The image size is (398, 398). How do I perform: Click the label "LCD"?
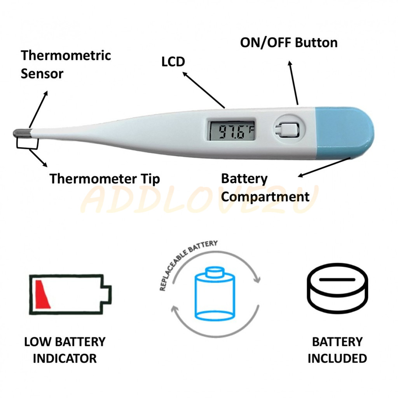coord(173,61)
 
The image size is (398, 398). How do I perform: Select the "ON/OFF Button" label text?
coord(289,42)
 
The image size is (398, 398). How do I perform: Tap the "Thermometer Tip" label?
coord(105,179)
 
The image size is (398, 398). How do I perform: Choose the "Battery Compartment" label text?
coord(265,188)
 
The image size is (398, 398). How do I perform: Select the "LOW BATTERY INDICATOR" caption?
coord(65,350)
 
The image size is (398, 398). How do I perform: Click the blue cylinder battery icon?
coord(215,294)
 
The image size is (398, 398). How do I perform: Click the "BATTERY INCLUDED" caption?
coord(337,350)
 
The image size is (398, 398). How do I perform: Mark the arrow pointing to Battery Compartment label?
coord(325,168)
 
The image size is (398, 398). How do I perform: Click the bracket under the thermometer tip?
coord(27,145)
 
